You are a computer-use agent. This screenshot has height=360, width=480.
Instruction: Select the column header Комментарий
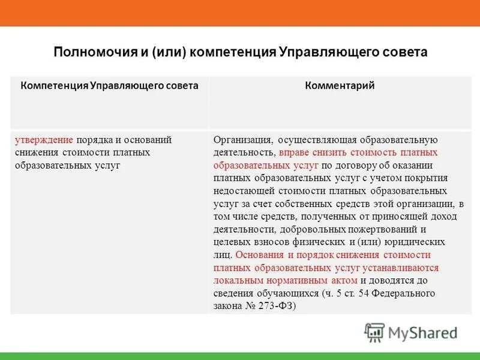point(340,86)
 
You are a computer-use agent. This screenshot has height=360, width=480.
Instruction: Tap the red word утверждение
point(44,140)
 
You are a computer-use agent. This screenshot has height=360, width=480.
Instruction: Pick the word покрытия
point(427,178)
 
